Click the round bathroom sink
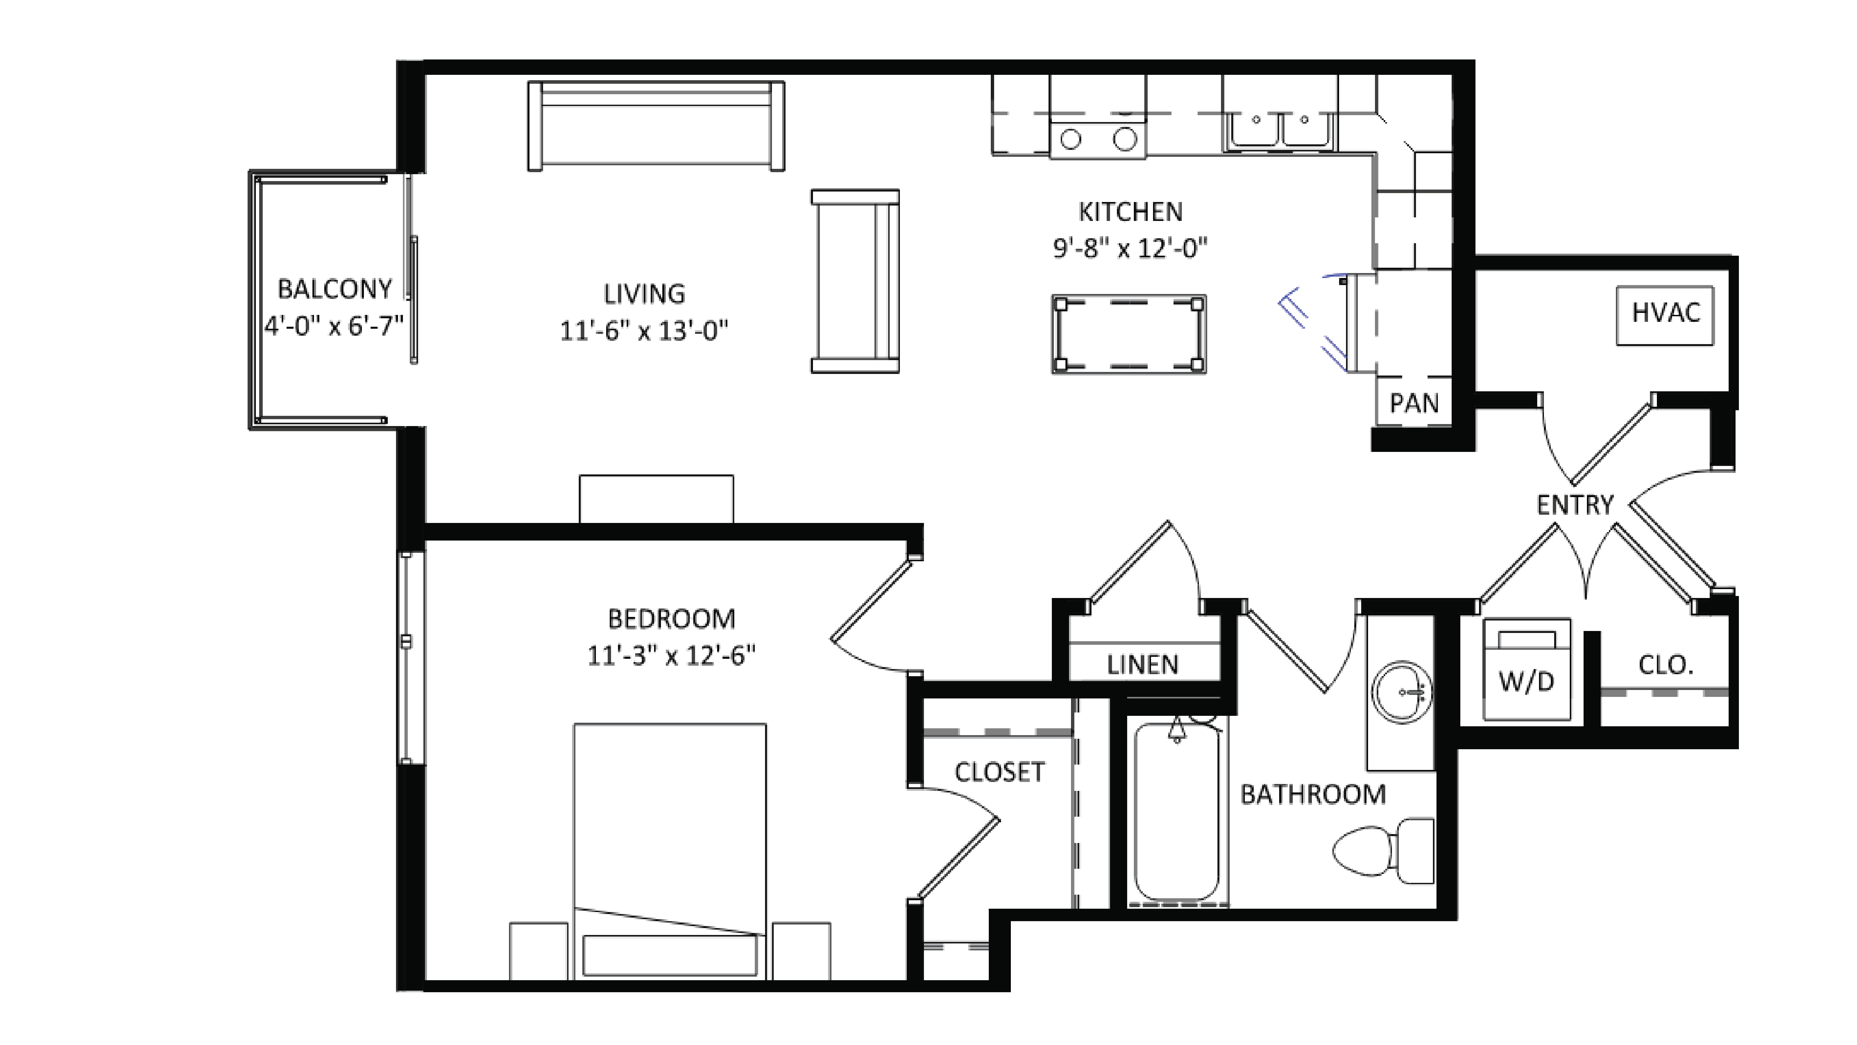[x=1401, y=692]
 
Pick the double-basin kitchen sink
[x=1280, y=130]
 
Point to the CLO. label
[x=1665, y=664]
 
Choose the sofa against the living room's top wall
[x=656, y=126]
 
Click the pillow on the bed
[x=669, y=955]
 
